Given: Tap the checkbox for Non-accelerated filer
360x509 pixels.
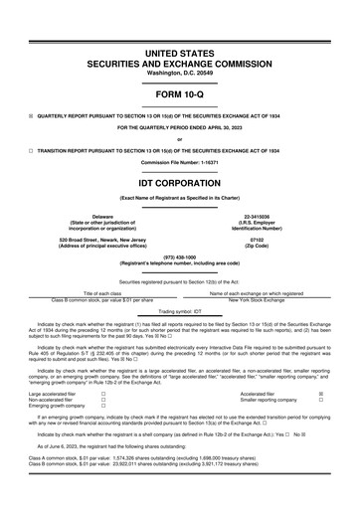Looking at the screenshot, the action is click(102, 400).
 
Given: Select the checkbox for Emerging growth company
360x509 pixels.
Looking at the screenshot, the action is click(102, 407).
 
